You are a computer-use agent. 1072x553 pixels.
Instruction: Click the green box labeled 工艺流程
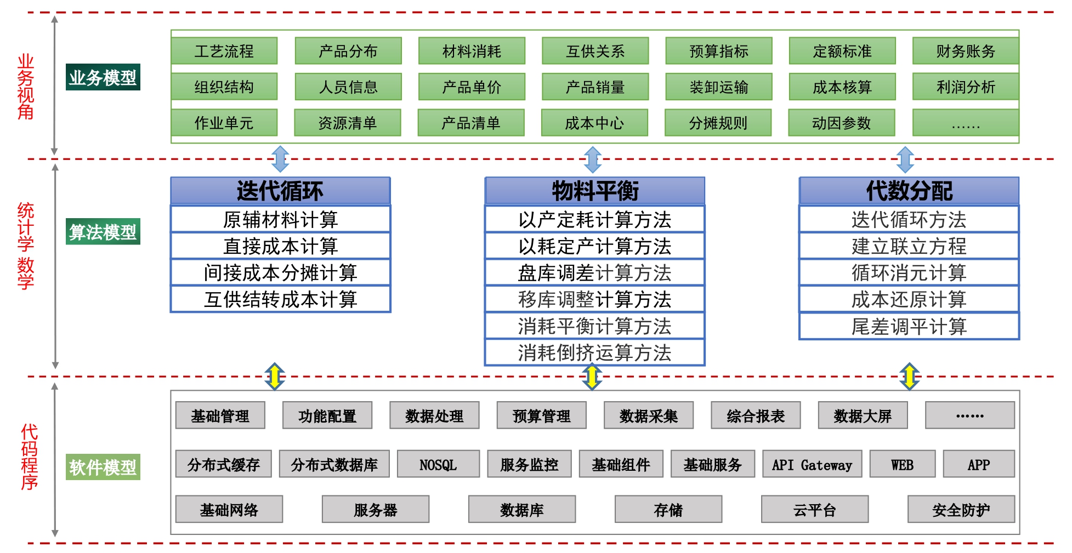click(x=224, y=51)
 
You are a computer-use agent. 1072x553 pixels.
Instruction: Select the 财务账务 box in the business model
click(x=965, y=51)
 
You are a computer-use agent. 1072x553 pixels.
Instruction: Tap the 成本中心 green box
click(x=594, y=123)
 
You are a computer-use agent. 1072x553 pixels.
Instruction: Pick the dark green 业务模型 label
click(x=103, y=77)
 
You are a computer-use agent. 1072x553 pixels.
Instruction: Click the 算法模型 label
click(x=103, y=232)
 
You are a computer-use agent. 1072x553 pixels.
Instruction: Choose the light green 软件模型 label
click(x=103, y=467)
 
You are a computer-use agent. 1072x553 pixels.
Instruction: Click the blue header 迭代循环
click(x=280, y=191)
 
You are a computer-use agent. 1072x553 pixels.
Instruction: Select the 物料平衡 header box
click(x=595, y=191)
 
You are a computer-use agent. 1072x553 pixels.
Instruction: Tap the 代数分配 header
click(x=909, y=191)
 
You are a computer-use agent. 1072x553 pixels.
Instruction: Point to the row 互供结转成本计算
click(x=280, y=299)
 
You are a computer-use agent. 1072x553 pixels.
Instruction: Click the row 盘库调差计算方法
click(x=595, y=272)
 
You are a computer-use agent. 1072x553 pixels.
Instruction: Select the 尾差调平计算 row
click(x=909, y=327)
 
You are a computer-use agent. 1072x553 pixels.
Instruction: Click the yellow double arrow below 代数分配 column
click(x=909, y=377)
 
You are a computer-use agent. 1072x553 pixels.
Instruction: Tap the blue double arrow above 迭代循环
click(x=280, y=159)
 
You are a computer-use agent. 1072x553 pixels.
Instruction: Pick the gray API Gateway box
click(x=812, y=464)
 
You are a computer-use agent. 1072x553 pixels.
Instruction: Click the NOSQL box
click(x=438, y=464)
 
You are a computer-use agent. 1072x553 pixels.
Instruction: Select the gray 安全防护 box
click(x=961, y=510)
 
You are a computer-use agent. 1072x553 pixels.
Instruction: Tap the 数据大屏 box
click(x=863, y=415)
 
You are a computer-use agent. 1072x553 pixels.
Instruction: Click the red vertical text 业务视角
click(x=26, y=87)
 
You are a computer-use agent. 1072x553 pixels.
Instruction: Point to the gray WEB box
click(x=902, y=464)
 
